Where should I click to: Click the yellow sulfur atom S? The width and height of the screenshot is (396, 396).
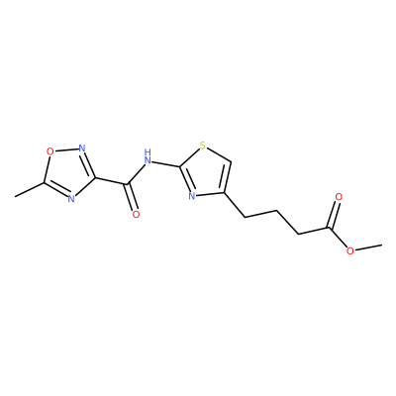tap(203, 146)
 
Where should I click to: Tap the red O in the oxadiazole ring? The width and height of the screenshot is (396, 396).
tap(49, 151)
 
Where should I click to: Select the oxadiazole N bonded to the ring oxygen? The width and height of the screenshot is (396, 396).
tap(82, 148)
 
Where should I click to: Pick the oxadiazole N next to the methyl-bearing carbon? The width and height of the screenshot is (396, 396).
tap(71, 198)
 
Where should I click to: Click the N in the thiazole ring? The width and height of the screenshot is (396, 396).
tap(192, 196)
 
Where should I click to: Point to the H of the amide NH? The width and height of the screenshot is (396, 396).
tap(148, 152)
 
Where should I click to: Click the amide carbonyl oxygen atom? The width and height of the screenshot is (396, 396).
tap(136, 214)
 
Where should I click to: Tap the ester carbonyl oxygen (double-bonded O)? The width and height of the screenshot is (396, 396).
tap(339, 197)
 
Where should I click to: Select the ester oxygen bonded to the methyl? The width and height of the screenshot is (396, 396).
tap(350, 251)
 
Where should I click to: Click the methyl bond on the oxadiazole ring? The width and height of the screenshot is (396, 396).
tap(29, 189)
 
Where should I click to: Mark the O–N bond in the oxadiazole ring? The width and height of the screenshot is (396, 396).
tap(66, 149)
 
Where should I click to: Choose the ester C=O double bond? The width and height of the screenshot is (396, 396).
tap(333, 215)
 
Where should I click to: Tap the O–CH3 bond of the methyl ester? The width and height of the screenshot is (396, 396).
tap(368, 247)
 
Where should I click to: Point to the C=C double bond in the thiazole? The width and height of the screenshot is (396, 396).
tap(228, 177)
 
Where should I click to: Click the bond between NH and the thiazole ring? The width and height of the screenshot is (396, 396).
tap(166, 163)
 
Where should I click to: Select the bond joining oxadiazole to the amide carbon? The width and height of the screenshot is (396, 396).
tap(112, 181)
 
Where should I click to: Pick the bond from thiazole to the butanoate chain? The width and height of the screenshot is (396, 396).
tap(235, 205)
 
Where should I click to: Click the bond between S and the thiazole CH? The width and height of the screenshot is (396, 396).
tap(219, 154)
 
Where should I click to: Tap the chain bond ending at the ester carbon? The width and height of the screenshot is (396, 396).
tap(314, 231)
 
